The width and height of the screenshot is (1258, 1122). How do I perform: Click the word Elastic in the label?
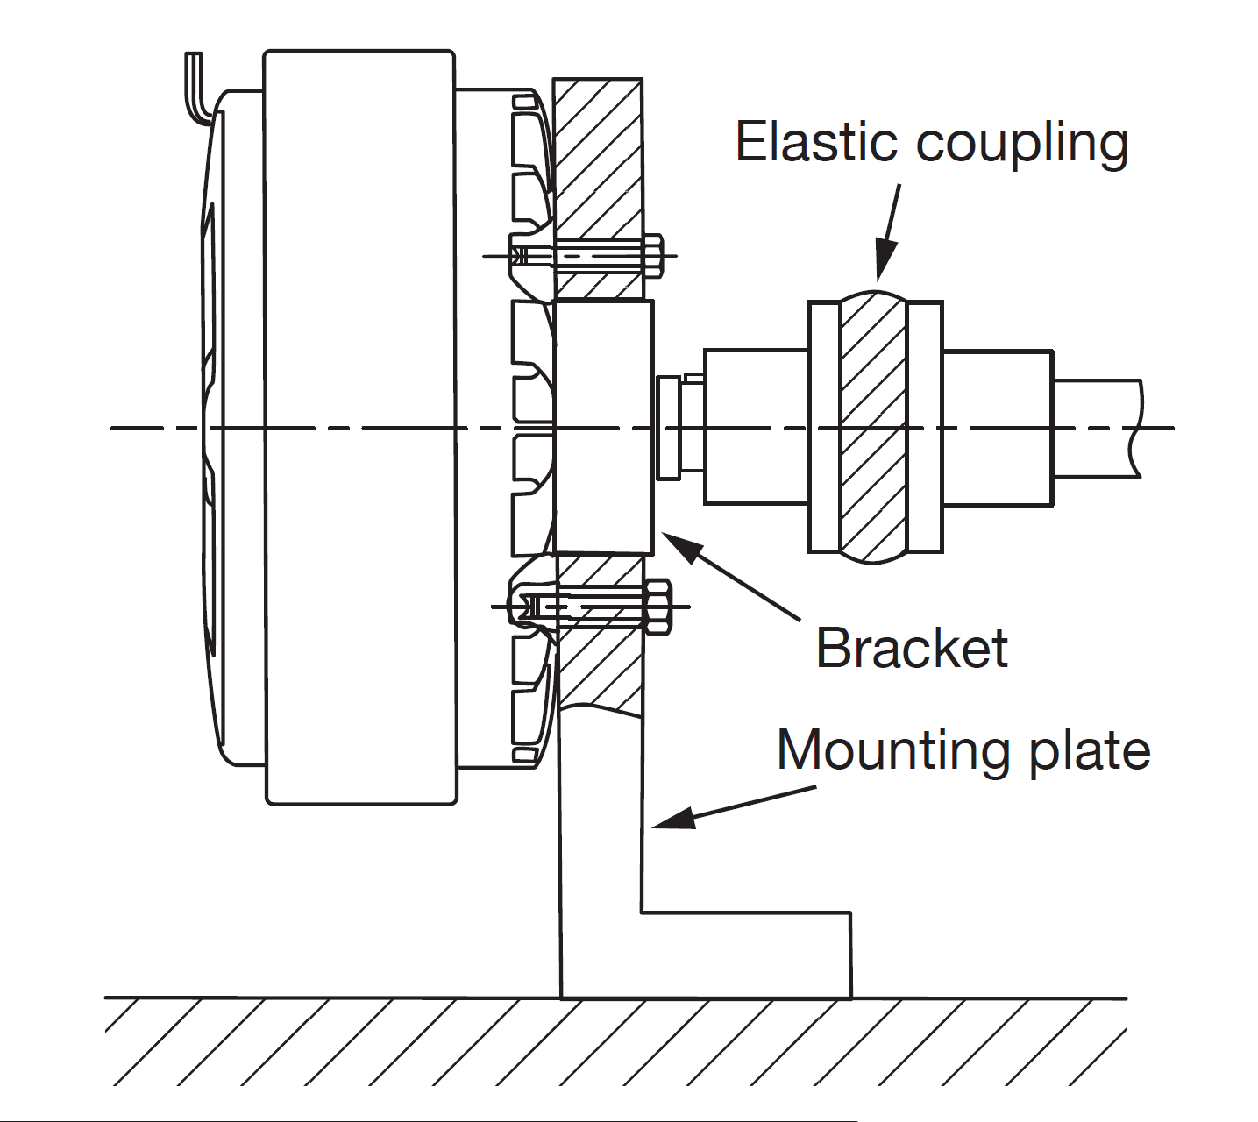pyautogui.click(x=815, y=142)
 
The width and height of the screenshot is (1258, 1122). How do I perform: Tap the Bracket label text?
pyautogui.click(x=912, y=648)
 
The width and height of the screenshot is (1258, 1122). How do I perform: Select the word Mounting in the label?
pyautogui.click(x=895, y=751)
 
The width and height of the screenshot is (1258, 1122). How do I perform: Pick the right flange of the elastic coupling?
pyautogui.click(x=925, y=427)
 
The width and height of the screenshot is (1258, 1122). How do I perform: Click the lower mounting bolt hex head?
pyautogui.click(x=657, y=606)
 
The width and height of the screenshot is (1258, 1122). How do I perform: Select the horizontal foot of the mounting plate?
pyautogui.click(x=745, y=955)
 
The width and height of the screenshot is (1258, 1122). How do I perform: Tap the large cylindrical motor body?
pyautogui.click(x=359, y=427)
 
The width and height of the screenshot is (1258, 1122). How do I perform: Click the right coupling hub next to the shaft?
pyautogui.click(x=998, y=427)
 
